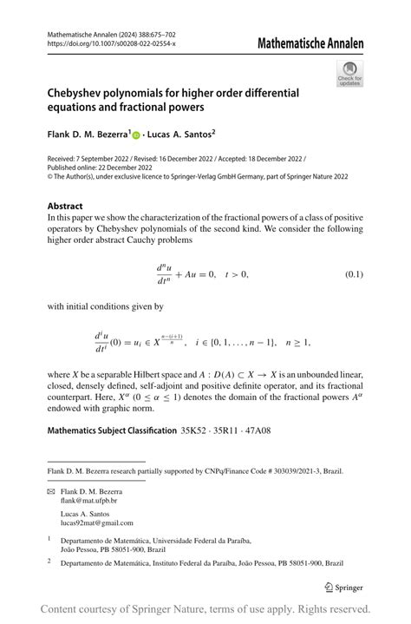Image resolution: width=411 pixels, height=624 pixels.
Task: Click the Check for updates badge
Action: click(350, 73)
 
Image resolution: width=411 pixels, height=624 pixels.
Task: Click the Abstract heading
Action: click(65, 207)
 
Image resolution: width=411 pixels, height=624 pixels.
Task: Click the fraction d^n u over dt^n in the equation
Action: click(168, 274)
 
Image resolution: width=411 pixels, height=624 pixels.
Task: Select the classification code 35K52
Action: click(197, 430)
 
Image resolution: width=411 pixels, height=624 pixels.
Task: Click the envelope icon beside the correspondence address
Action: click(50, 491)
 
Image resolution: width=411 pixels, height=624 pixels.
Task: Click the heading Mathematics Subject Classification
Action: click(112, 430)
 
